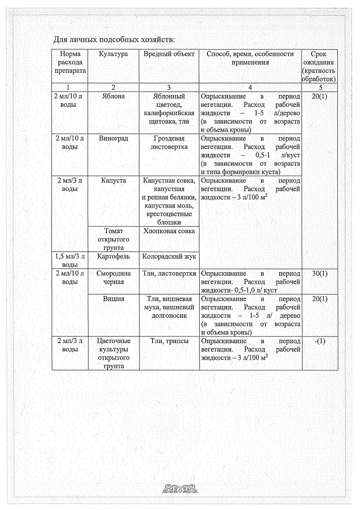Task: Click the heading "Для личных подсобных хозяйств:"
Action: tap(114, 40)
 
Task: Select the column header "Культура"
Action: tap(113, 54)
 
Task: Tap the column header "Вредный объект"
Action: tap(169, 54)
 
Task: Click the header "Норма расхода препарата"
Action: tap(70, 62)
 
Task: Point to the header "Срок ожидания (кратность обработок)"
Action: tap(320, 66)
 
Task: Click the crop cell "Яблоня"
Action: tap(113, 96)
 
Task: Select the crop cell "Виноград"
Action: tap(113, 138)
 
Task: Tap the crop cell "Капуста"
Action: tap(113, 180)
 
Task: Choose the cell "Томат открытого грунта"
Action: tap(113, 239)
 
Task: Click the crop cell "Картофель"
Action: tap(113, 256)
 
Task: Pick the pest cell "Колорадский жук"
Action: tap(169, 256)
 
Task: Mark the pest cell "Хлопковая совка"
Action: tap(169, 231)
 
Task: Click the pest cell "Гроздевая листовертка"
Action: tap(169, 143)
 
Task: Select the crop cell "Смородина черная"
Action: tap(113, 278)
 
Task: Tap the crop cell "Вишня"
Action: tap(113, 299)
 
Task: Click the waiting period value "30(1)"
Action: tap(320, 274)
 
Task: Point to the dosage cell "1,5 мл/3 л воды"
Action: tap(70, 260)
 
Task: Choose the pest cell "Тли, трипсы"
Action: tap(169, 341)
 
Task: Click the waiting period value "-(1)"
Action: tap(320, 341)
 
